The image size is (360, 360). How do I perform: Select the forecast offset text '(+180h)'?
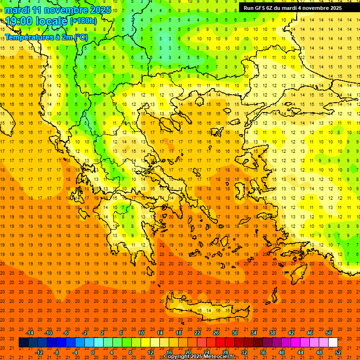pos(83,21)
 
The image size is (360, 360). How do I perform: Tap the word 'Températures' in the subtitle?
pos(28,37)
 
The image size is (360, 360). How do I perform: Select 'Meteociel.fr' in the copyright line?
pos(219,357)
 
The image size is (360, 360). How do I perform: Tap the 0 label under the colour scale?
pos(93,352)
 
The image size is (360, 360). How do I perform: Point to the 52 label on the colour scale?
pos(337,352)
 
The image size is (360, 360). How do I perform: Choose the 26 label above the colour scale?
pos(216,333)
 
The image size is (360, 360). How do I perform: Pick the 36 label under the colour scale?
pos(262,352)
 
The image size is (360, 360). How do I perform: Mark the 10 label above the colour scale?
pos(141,333)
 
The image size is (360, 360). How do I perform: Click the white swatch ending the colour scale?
pos(333,343)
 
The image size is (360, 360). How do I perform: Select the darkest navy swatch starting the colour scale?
pos(23,343)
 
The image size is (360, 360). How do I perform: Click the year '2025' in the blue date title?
pos(99,10)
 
